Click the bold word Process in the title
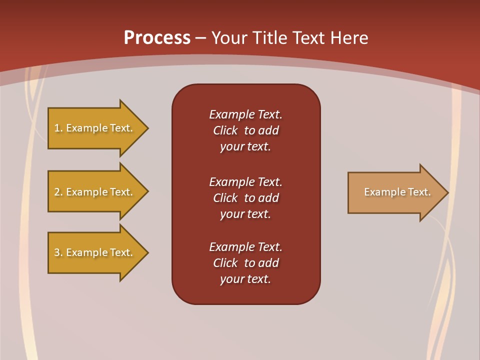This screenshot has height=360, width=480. pos(157,38)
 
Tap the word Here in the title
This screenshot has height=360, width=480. pos(348,38)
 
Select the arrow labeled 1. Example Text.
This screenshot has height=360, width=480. pos(95,128)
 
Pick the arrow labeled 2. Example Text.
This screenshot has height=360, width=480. pos(95,192)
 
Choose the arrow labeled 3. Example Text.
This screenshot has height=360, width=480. pos(95,252)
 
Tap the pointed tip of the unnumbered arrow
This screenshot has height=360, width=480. pos(447,192)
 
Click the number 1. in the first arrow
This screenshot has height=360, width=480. pos(58,128)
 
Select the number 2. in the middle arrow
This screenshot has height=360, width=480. pos(58,192)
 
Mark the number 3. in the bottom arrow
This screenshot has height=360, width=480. pos(58,252)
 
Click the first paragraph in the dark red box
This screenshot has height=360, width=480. pos(245,130)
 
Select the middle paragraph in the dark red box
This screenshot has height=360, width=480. pos(245,198)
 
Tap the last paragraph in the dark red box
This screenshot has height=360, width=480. pos(245,263)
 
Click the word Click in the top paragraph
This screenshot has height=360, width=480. pos(225,130)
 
